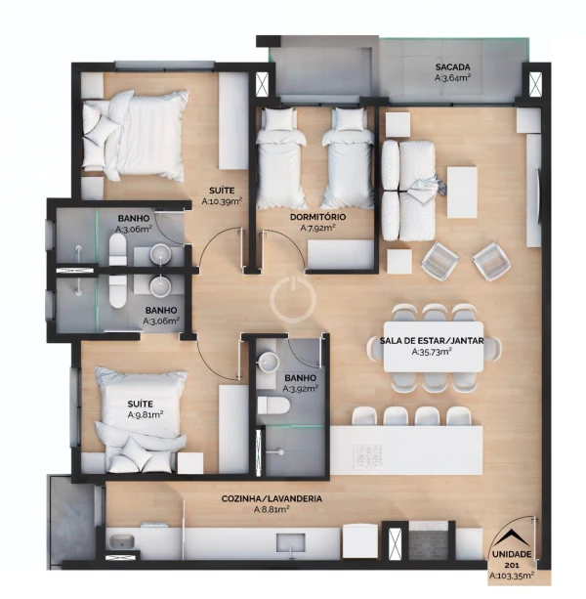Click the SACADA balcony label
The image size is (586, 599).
(x=452, y=67)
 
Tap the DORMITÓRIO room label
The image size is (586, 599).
(x=317, y=217)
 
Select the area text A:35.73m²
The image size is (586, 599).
(x=432, y=352)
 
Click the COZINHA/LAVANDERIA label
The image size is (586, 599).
(x=272, y=498)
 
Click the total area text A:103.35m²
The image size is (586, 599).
(x=512, y=576)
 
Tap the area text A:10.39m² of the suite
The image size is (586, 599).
(x=222, y=201)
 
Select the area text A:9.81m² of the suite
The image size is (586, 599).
(x=146, y=414)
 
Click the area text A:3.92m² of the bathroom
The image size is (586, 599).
(x=301, y=389)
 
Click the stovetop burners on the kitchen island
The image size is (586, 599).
(x=369, y=456)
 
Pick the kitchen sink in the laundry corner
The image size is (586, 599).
(x=121, y=541)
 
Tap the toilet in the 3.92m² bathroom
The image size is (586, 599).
(x=273, y=406)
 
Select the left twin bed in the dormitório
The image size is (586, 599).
(x=280, y=157)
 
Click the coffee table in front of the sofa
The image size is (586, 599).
(x=462, y=193)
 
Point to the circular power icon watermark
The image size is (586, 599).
(x=293, y=300)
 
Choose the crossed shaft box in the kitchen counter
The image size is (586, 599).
(x=395, y=544)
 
